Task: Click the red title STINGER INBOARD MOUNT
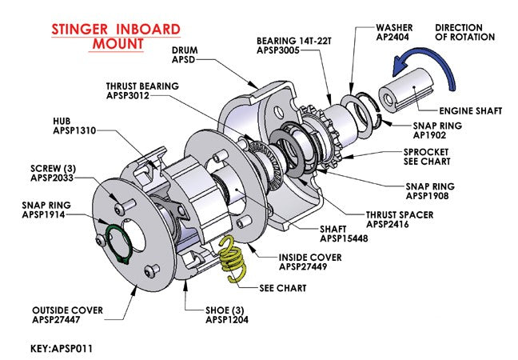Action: pyautogui.click(x=115, y=37)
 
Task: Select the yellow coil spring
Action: pyautogui.click(x=229, y=261)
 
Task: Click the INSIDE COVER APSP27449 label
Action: pyautogui.click(x=309, y=262)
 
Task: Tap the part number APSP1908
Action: pyautogui.click(x=431, y=194)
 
